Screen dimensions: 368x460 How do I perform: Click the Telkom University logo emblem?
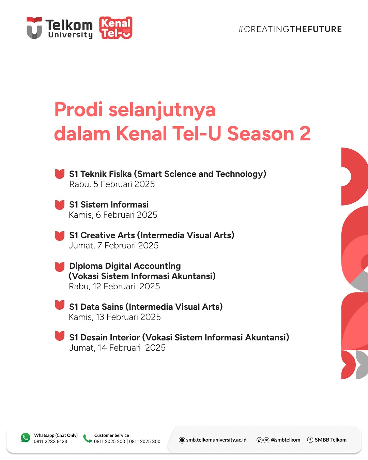tap(34, 28)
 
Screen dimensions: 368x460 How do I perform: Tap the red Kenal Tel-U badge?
tap(116, 28)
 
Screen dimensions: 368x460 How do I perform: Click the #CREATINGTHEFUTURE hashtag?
tap(290, 29)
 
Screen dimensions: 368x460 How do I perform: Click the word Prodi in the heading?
tap(78, 110)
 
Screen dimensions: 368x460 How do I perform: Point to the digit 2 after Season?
tap(305, 134)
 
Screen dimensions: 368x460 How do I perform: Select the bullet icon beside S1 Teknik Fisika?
tap(59, 174)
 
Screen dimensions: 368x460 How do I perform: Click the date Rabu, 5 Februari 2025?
tap(112, 184)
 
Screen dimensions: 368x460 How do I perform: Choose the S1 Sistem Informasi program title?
tap(109, 204)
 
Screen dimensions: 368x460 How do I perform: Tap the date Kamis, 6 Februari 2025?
tap(113, 215)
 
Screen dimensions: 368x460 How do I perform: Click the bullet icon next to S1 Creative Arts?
tap(59, 236)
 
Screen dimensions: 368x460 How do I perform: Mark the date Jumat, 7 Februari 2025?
tap(113, 246)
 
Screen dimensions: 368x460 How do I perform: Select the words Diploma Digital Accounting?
tap(125, 266)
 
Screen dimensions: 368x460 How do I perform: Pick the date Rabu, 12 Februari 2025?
tap(114, 287)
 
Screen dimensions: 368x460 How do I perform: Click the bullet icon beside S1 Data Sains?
tap(59, 305)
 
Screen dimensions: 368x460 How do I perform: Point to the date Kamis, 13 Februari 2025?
tap(114, 317)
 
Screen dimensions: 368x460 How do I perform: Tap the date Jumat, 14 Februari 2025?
tap(117, 348)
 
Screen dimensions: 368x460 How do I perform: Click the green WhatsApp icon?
tap(26, 438)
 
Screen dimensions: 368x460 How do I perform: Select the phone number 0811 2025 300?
tap(145, 441)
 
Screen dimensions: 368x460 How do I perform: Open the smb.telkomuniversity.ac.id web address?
tap(216, 440)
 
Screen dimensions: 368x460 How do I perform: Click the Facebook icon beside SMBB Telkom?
tap(310, 440)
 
